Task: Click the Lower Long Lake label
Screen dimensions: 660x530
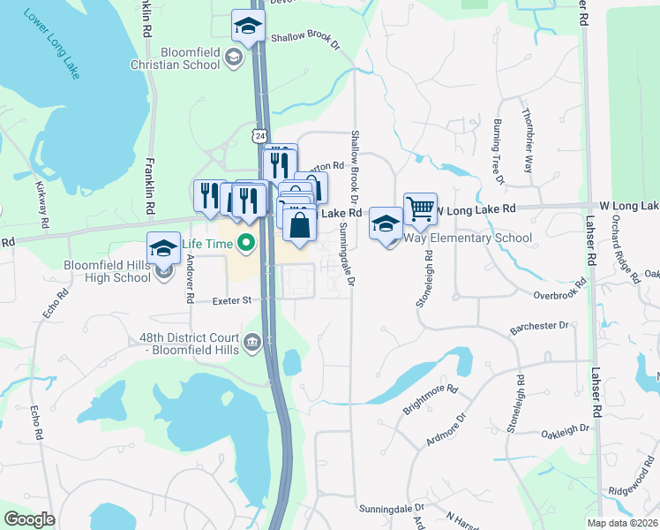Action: [52, 44]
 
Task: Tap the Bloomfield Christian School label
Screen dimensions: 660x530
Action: [175, 58]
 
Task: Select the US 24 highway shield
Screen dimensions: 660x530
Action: [259, 136]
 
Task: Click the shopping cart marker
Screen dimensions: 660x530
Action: [420, 209]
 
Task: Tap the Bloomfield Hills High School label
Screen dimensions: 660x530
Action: [108, 271]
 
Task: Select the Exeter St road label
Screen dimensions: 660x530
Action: [233, 301]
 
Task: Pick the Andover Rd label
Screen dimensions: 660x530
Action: [190, 279]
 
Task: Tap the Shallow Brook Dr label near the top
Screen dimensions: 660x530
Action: [305, 38]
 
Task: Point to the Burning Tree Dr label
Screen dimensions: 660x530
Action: [499, 152]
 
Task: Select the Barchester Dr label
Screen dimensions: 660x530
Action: [539, 327]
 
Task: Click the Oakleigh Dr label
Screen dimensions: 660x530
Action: [565, 430]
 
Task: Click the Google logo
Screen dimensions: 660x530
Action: [28, 519]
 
